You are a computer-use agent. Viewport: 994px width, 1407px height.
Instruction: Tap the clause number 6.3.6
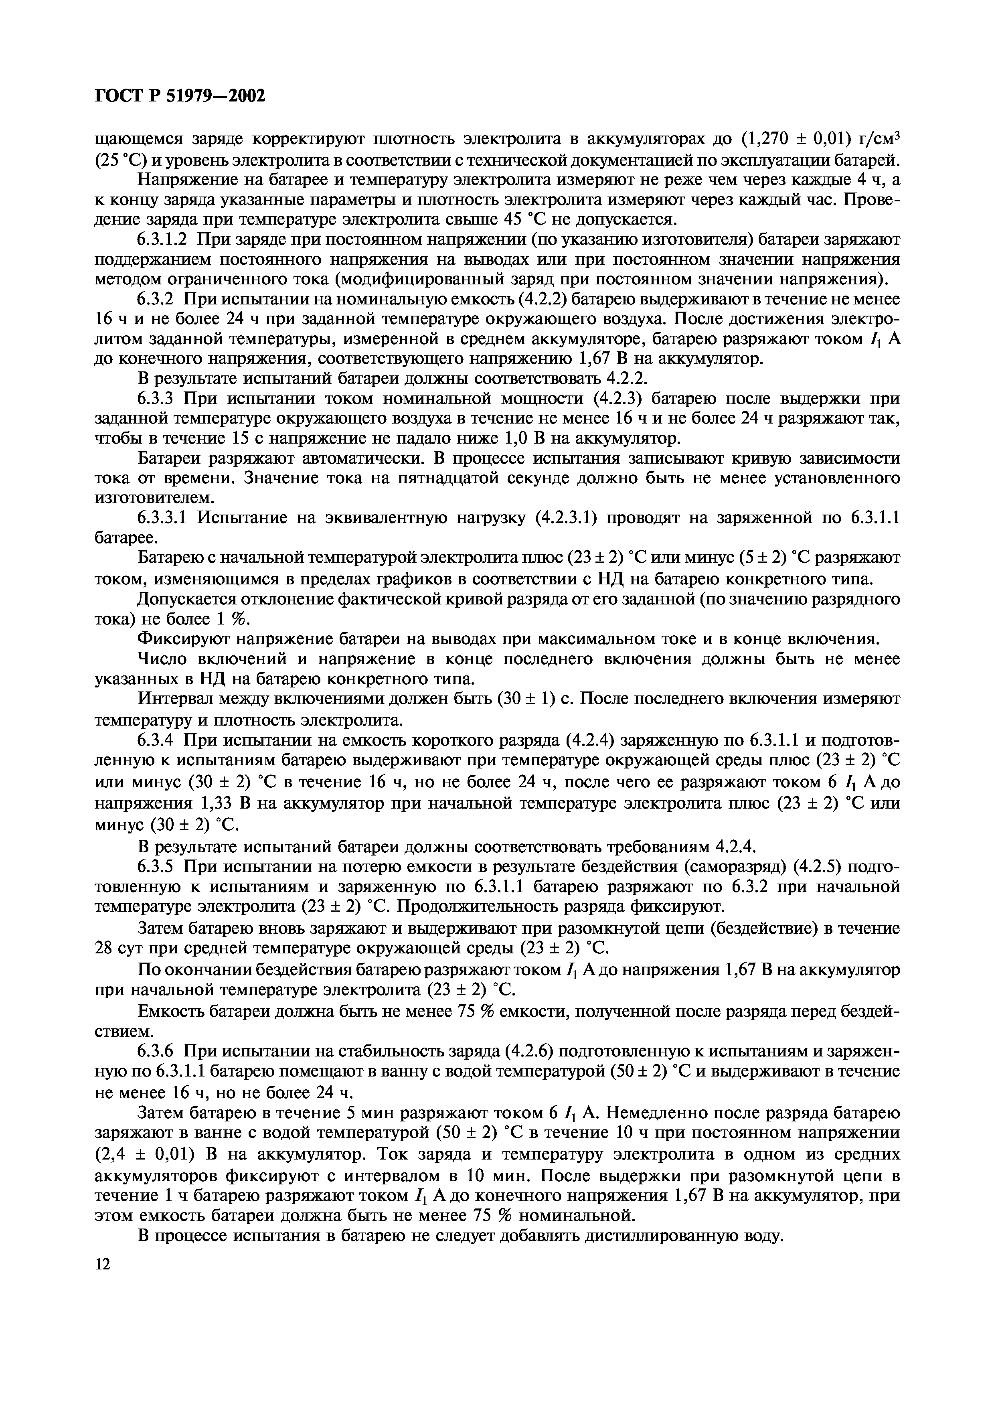pyautogui.click(x=156, y=1052)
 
